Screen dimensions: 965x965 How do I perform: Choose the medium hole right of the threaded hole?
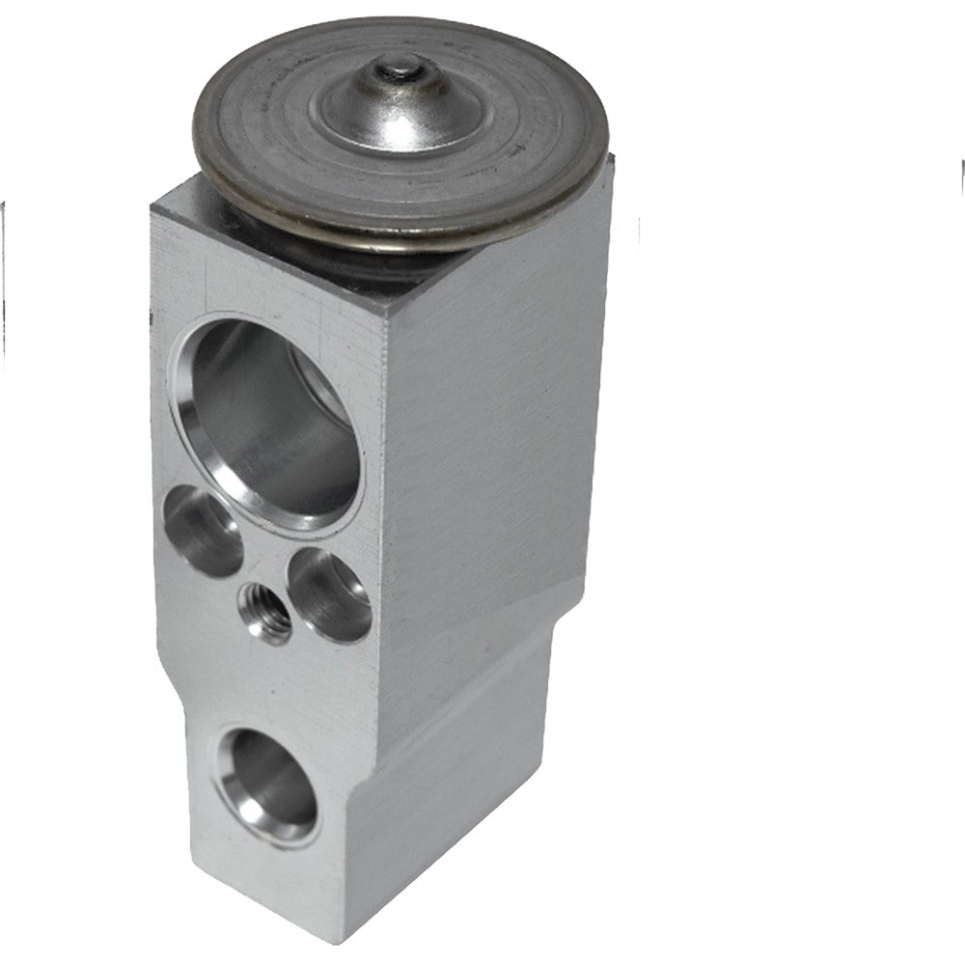click(x=330, y=593)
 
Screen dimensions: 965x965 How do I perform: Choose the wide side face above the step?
click(x=492, y=434)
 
